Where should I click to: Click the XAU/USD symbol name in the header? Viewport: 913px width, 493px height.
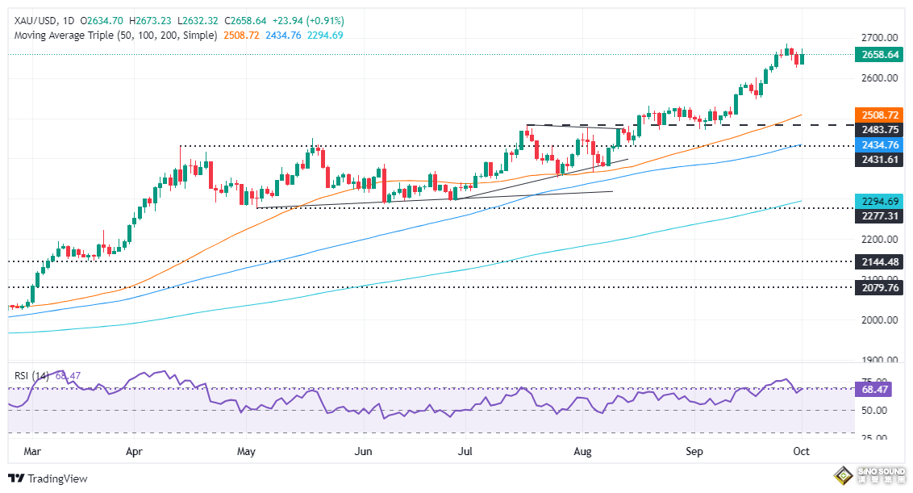[x=31, y=20]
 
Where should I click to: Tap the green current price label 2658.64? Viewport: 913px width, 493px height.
[x=880, y=54]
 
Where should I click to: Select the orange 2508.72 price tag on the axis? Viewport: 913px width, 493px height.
[x=880, y=115]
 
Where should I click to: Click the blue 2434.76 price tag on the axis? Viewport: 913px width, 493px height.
[x=880, y=145]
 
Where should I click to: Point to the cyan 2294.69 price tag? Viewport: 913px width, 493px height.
[x=880, y=201]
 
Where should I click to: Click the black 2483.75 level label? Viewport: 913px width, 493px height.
[x=880, y=130]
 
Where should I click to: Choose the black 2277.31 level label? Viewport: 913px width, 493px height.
[x=880, y=216]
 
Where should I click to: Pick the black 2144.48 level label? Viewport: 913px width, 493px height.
[x=880, y=261]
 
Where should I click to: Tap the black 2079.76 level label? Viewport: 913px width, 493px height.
[x=880, y=287]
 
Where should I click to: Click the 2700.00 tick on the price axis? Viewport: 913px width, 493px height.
[x=879, y=37]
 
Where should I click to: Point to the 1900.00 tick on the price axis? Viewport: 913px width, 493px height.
[x=879, y=360]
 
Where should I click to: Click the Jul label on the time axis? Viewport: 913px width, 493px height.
[x=465, y=452]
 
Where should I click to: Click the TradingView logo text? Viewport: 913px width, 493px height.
[x=56, y=478]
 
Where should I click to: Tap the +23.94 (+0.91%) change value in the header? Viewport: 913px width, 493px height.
[x=310, y=20]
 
